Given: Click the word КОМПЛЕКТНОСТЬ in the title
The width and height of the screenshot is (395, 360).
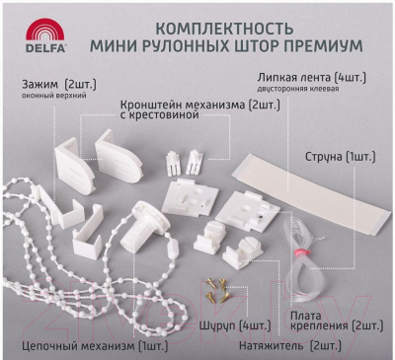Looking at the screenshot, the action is pyautogui.click(x=224, y=29).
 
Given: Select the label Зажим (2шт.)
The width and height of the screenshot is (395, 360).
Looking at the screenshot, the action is pyautogui.click(x=59, y=85).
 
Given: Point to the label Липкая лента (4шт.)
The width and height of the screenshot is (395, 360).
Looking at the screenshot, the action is pyautogui.click(x=312, y=78).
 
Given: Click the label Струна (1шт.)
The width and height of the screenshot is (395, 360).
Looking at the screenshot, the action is pyautogui.click(x=341, y=157).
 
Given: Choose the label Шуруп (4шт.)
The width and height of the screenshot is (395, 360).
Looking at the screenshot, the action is pyautogui.click(x=235, y=325).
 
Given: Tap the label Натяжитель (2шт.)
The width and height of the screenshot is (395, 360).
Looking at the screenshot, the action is pyautogui.click(x=290, y=346).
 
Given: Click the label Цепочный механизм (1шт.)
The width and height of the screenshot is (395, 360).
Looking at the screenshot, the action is pyautogui.click(x=95, y=346).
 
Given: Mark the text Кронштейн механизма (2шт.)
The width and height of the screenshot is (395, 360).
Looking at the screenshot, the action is pyautogui.click(x=200, y=106).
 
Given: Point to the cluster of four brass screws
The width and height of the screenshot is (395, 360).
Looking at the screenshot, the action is pyautogui.click(x=217, y=290).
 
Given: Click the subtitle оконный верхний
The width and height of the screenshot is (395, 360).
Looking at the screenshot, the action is pyautogui.click(x=54, y=96).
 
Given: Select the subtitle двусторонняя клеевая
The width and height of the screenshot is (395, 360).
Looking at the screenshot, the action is pyautogui.click(x=298, y=89).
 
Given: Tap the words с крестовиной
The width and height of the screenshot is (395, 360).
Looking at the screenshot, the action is pyautogui.click(x=160, y=116).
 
